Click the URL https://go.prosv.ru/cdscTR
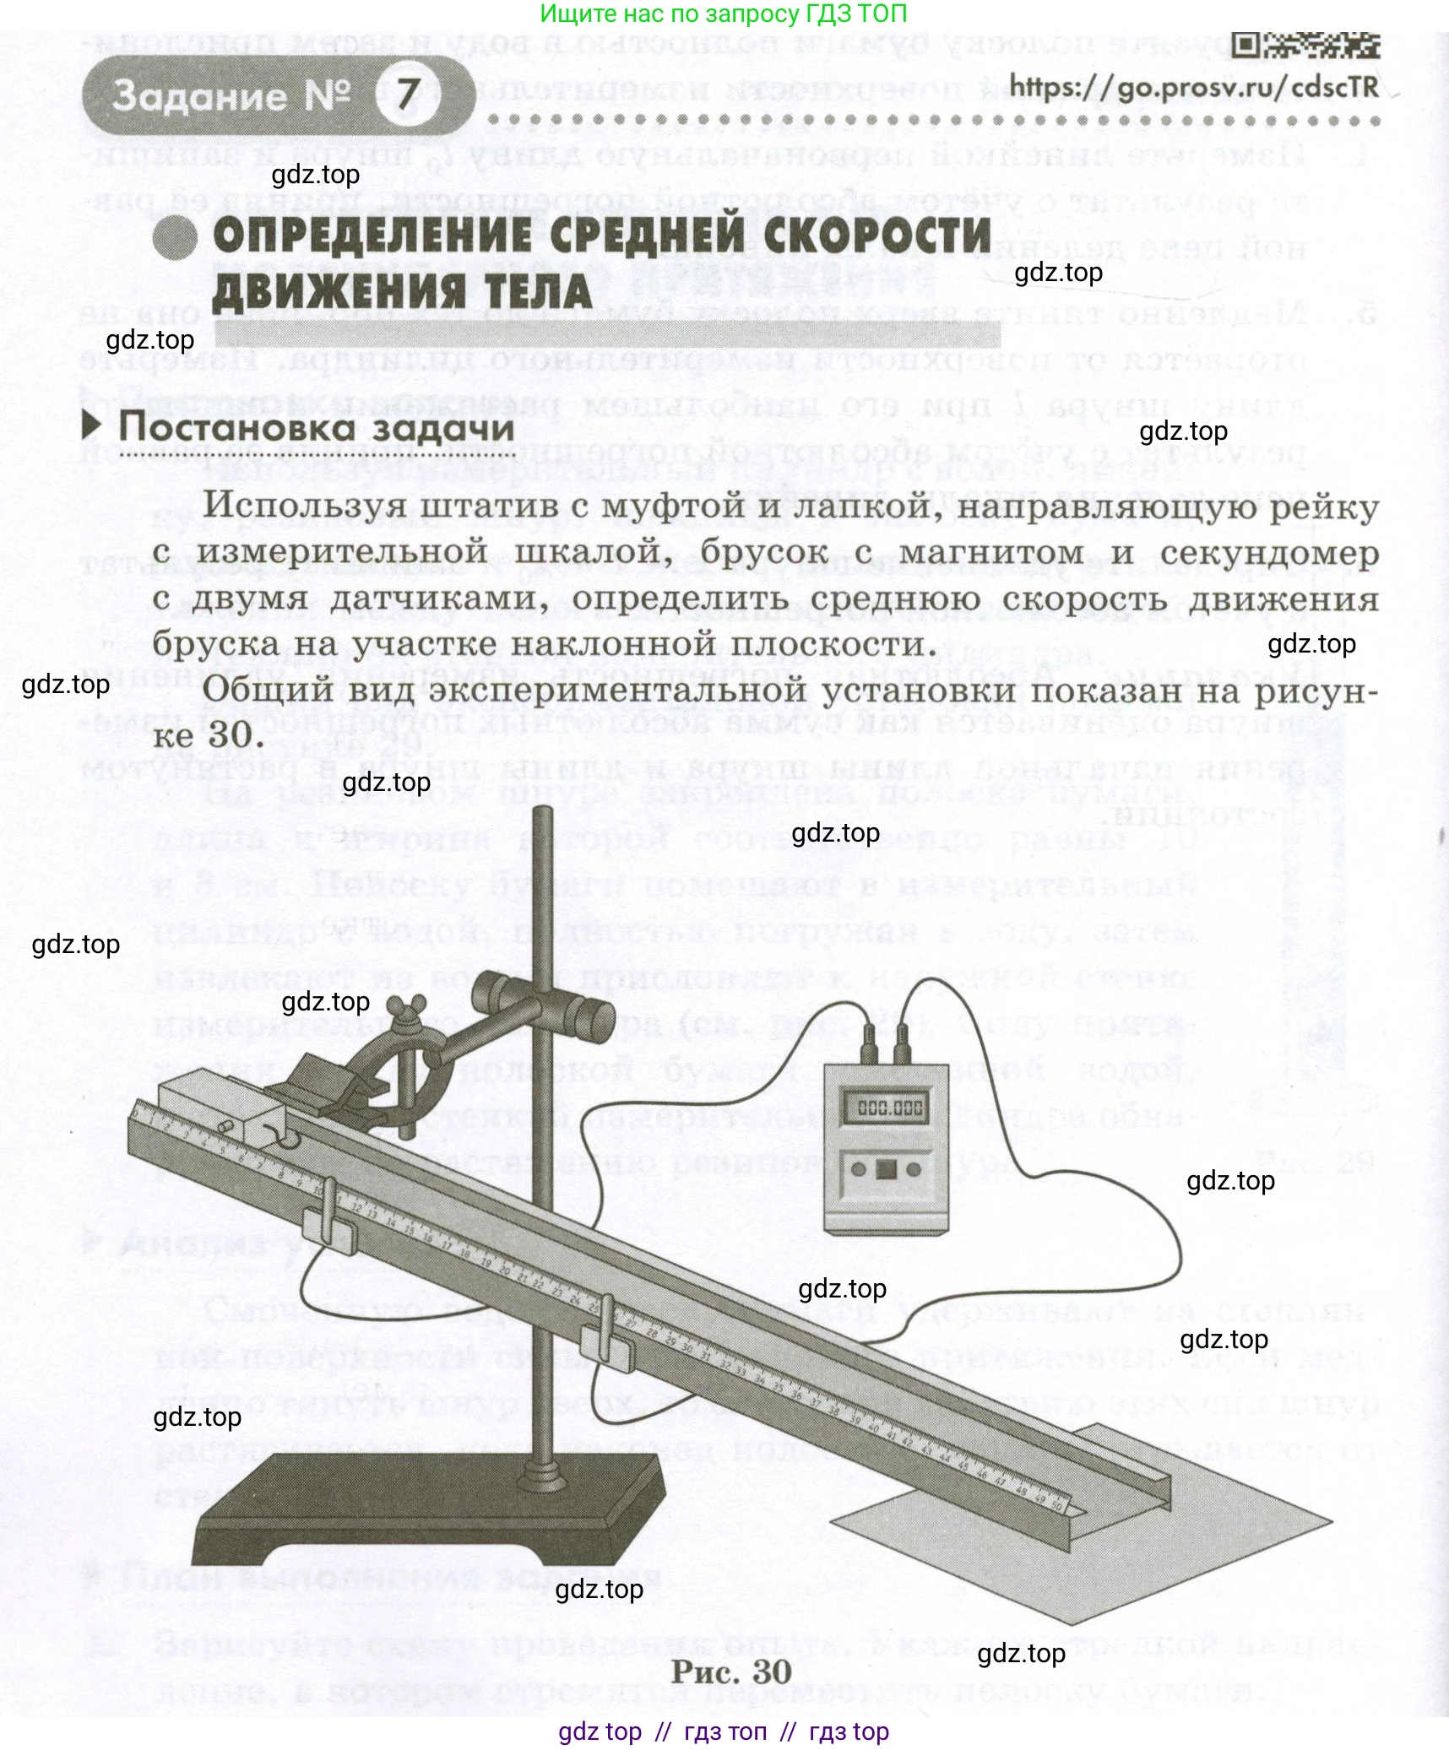(1194, 87)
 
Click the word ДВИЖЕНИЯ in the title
(339, 292)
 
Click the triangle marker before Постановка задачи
(91, 425)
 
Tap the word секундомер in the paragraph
(1269, 553)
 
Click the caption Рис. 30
(731, 1672)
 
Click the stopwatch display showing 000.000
(890, 1108)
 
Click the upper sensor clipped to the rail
(328, 1213)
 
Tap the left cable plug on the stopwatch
(868, 1054)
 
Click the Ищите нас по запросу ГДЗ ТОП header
(724, 14)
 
